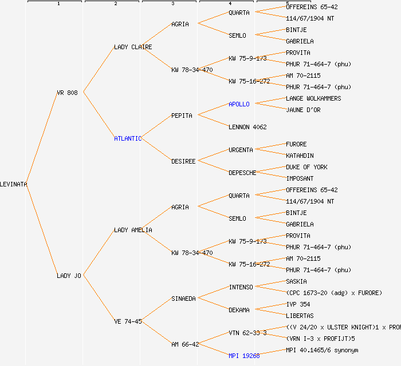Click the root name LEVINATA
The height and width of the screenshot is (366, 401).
pos(14,184)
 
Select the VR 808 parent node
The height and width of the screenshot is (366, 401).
pos(67,93)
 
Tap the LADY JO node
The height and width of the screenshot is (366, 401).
pos(69,276)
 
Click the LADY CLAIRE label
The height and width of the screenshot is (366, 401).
pos(133,47)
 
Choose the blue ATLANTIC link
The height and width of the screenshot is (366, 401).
pos(127,138)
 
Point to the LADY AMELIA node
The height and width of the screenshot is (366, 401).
pos(133,230)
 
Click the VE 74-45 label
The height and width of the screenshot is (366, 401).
pos(128,321)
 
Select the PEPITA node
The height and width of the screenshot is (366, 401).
pos(182,116)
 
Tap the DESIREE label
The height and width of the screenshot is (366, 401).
pos(183,161)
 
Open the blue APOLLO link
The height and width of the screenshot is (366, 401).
pos(239,104)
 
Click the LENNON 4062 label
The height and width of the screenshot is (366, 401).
pos(247,127)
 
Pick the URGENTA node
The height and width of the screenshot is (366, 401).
pos(241,150)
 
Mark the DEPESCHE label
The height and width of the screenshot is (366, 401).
pos(242,173)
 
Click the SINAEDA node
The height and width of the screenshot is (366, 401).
pos(183,299)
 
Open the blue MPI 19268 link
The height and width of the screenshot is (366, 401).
pos(244,356)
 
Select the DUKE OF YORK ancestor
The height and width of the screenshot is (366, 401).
pos(306,167)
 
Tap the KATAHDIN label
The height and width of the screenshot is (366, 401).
pos(300,156)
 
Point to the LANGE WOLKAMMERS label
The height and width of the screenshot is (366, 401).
pos(313,98)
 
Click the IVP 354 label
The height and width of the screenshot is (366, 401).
pos(298,304)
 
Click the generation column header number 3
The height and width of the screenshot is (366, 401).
pos(172,4)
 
